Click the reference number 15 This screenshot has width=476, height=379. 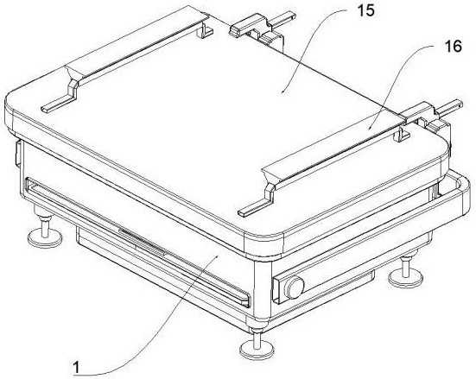tap(365, 10)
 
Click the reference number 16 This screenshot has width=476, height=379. tap(453, 47)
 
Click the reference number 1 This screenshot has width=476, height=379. tap(77, 367)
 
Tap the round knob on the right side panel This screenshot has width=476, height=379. tap(295, 287)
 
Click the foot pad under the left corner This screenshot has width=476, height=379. tap(45, 237)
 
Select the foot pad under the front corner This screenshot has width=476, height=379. tap(257, 350)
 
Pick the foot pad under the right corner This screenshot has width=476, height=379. tap(406, 277)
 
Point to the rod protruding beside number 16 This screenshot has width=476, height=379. tap(450, 107)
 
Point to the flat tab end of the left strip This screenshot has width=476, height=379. tap(58, 103)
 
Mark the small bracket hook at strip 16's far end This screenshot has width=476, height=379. tap(402, 134)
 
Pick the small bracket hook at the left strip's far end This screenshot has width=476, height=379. tap(206, 30)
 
